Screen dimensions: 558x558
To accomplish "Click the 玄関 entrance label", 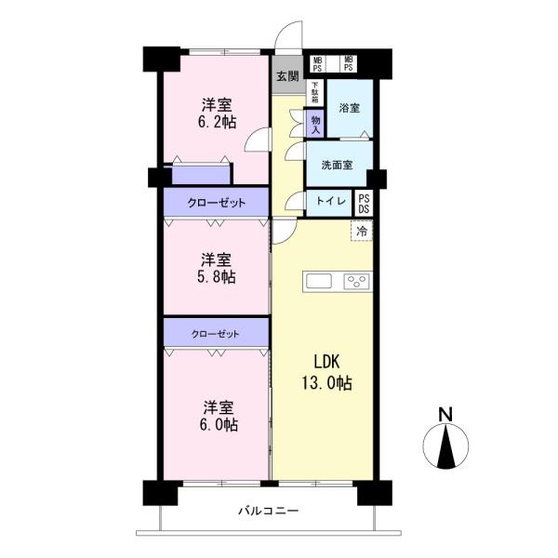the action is point(287,76).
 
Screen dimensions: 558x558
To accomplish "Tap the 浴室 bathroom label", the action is point(349,108).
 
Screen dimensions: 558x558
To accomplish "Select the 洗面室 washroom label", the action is point(337,166).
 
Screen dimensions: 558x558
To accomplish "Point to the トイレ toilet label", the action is point(331,201).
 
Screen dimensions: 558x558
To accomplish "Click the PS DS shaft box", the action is point(364,204).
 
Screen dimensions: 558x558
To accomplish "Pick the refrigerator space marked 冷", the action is point(362,232).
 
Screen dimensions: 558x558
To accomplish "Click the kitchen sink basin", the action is point(319,281).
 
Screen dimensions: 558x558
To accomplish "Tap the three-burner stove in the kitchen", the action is point(356,282).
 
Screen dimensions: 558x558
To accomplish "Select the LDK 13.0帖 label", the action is point(327,372).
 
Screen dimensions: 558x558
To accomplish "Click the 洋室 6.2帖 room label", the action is point(217,113).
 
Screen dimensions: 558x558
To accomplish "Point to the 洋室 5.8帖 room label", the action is point(217,269).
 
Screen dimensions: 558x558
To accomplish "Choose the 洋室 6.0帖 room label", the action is point(219,416).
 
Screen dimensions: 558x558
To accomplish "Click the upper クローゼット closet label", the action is point(217,203).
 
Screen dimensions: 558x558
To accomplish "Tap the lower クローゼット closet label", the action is point(216,334).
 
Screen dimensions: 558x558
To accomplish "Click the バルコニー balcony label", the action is point(269,511).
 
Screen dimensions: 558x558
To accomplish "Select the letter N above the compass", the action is point(445,415).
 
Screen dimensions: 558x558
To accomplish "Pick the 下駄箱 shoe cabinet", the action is point(315,92).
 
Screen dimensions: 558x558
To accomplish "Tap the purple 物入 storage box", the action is point(315,124).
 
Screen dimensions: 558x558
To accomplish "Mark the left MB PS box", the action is point(317,64).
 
